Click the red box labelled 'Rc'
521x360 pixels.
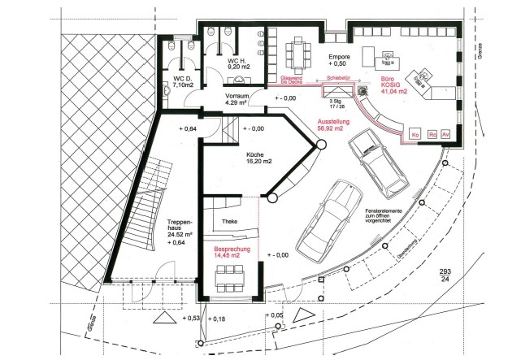(431, 132)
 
